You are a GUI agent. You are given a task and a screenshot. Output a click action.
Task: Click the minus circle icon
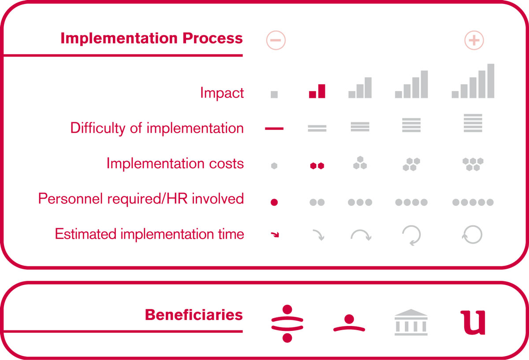(276, 40)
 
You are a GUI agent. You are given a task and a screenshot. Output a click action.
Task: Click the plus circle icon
(474, 40)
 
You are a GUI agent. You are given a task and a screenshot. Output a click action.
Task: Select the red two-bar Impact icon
(317, 91)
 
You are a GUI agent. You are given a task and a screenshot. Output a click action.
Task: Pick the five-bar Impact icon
(473, 81)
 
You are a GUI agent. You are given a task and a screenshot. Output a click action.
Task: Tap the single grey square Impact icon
(274, 94)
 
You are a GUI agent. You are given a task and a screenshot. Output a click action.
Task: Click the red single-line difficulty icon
(274, 128)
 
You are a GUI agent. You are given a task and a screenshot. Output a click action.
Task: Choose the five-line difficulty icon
(473, 123)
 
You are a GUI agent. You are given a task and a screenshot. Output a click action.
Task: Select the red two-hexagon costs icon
(317, 166)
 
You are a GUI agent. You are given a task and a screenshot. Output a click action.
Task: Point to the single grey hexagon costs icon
(274, 166)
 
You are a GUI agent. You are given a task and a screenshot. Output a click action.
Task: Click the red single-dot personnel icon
(274, 202)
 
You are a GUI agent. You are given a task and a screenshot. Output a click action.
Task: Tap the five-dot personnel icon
(473, 202)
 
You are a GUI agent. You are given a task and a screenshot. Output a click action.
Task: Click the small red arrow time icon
(275, 234)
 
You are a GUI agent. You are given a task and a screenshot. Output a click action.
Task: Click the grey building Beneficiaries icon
(411, 322)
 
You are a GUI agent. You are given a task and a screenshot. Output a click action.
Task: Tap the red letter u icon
(473, 322)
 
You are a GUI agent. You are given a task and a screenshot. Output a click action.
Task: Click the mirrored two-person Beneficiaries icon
(287, 323)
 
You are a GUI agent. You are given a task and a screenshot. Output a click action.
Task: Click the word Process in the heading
(212, 38)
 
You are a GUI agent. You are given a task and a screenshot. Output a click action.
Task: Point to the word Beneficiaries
(194, 315)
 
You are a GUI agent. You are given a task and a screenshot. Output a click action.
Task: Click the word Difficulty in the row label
(98, 128)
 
